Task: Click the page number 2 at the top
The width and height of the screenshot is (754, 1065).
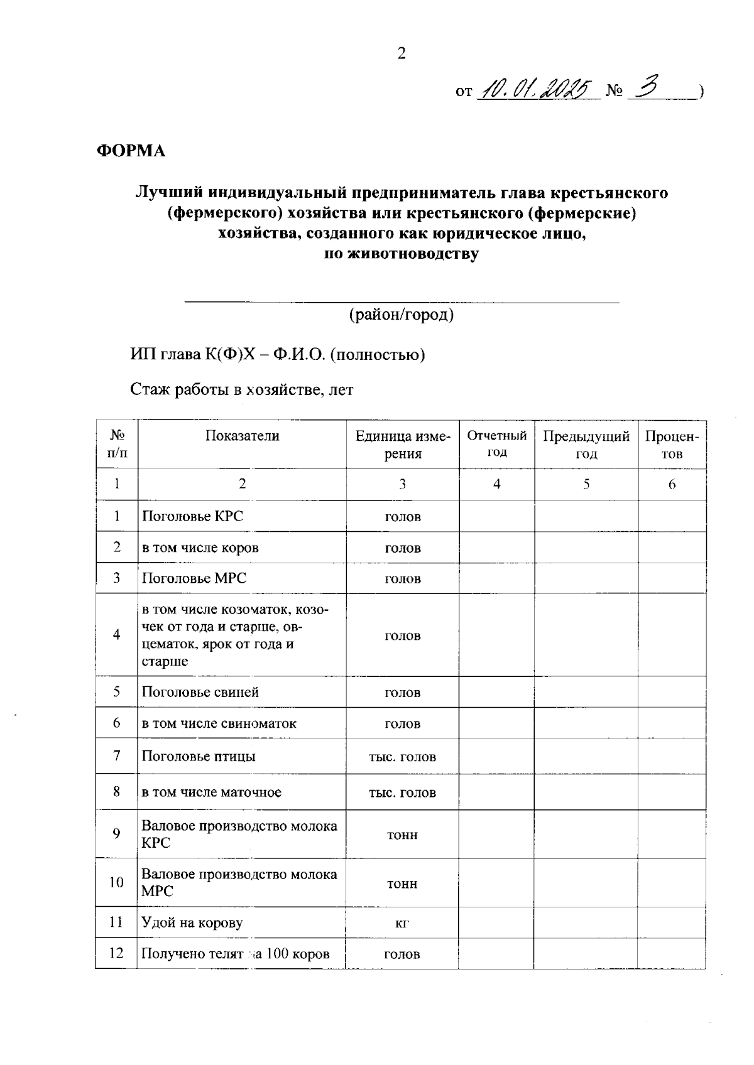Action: pyautogui.click(x=402, y=54)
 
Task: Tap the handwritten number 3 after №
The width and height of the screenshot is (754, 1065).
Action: pyautogui.click(x=647, y=90)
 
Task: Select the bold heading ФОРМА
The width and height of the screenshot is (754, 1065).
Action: pyautogui.click(x=131, y=151)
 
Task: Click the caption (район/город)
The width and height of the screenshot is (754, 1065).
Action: pyautogui.click(x=402, y=315)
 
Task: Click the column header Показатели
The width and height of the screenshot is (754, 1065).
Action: pyautogui.click(x=242, y=436)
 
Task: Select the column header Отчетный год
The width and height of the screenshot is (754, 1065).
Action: pyautogui.click(x=496, y=444)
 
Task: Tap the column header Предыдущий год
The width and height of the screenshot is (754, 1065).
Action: pyautogui.click(x=586, y=445)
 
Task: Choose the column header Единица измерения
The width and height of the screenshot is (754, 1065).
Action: pyautogui.click(x=402, y=445)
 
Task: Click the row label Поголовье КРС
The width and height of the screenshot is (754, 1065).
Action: pyautogui.click(x=192, y=516)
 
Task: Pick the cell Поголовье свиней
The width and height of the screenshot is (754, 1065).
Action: pyautogui.click(x=200, y=692)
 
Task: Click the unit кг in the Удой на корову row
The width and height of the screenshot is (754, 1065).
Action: pyautogui.click(x=402, y=922)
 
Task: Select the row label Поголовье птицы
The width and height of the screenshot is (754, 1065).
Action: pyautogui.click(x=199, y=756)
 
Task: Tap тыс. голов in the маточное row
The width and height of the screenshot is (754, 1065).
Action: pyautogui.click(x=402, y=792)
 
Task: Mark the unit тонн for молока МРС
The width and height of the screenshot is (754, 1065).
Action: pyautogui.click(x=402, y=884)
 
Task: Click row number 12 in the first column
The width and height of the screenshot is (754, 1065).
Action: pyautogui.click(x=116, y=953)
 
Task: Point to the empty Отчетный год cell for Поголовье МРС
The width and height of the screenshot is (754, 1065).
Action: pyautogui.click(x=496, y=578)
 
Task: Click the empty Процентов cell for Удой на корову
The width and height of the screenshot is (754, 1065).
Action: pyautogui.click(x=672, y=922)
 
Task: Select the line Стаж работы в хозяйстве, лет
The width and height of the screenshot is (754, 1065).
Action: pyautogui.click(x=242, y=390)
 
